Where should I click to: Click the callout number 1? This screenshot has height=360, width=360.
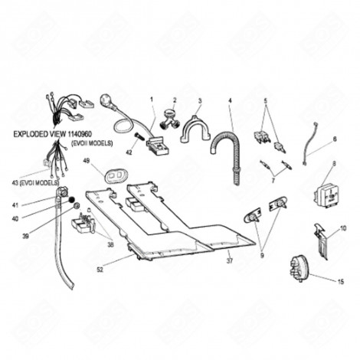pos(152,100)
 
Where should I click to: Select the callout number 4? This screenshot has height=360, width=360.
pos(230,100)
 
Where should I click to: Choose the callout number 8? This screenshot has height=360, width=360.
pos(334,164)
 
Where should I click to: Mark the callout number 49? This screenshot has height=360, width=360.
pos(87,160)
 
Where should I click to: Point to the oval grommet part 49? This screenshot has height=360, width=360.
pos(116,176)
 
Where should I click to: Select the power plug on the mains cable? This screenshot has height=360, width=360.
pos(105,100)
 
